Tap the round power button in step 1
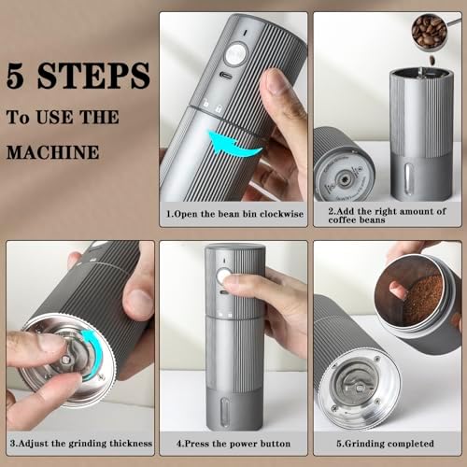pyautogui.click(x=234, y=55)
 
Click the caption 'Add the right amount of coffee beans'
pyautogui.click(x=388, y=217)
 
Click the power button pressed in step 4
pyautogui.click(x=223, y=276)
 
